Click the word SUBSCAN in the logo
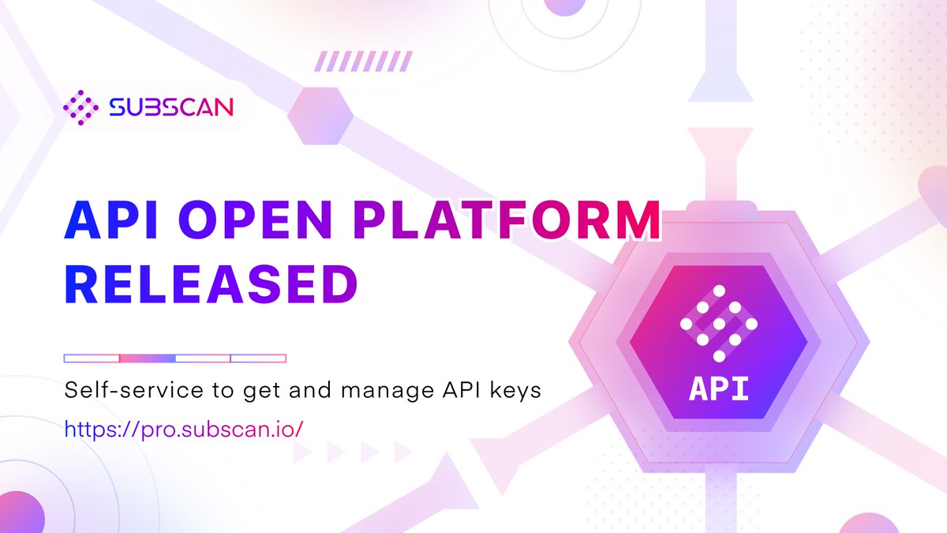[171, 107]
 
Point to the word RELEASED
[211, 283]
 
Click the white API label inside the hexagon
[718, 389]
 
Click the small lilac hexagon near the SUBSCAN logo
[320, 115]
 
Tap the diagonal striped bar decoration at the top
[356, 61]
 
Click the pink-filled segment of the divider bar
[147, 358]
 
